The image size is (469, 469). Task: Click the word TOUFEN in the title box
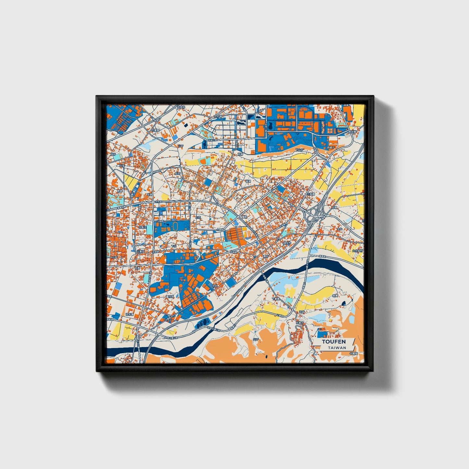coord(334,342)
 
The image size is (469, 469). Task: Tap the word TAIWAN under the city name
coord(337,348)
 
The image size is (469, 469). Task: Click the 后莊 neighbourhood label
coord(178,174)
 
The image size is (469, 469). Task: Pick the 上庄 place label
coord(198,217)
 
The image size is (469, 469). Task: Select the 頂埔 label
coord(346,106)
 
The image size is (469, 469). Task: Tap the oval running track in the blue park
coord(175,226)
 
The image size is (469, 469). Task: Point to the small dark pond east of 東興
coord(343,304)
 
